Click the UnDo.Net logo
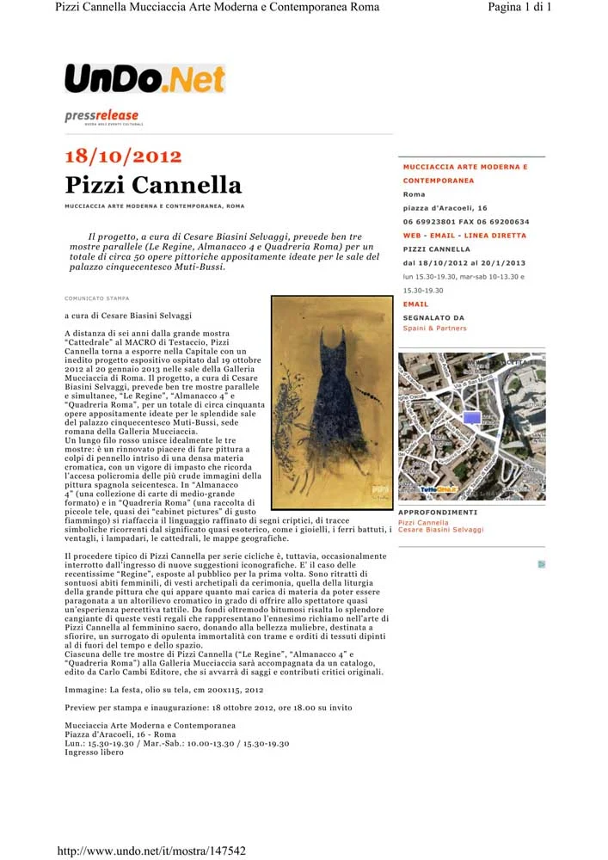pyautogui.click(x=144, y=79)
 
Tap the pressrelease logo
pyautogui.click(x=101, y=117)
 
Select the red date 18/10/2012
pyautogui.click(x=123, y=157)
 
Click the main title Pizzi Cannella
pyautogui.click(x=153, y=185)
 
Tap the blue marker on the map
pyautogui.click(x=471, y=418)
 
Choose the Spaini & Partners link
pyautogui.click(x=434, y=329)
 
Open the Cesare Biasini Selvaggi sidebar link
pyautogui.click(x=440, y=530)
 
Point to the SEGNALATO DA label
pyautogui.click(x=433, y=318)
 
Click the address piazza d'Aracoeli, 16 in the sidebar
pyautogui.click(x=445, y=208)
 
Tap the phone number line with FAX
pyautogui.click(x=465, y=222)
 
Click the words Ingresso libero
pyautogui.click(x=94, y=752)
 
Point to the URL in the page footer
pyautogui.click(x=150, y=851)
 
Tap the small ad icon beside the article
pyautogui.click(x=542, y=565)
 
